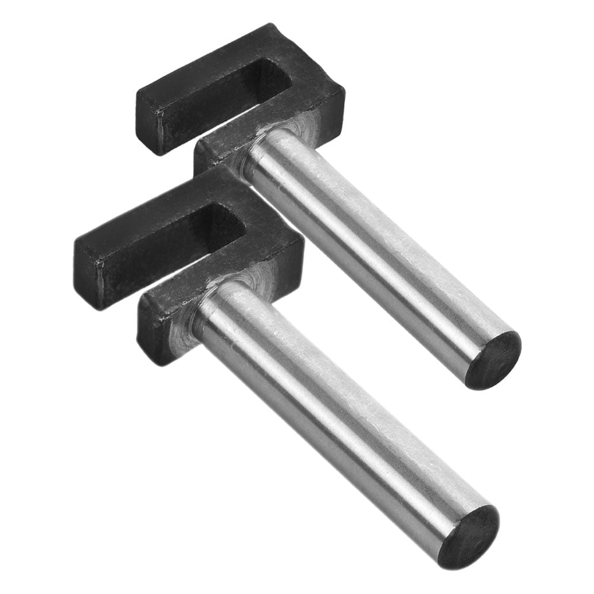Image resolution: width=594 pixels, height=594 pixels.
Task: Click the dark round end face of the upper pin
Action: coord(493,360)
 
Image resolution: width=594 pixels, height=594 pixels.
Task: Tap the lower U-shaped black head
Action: coord(267,249)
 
